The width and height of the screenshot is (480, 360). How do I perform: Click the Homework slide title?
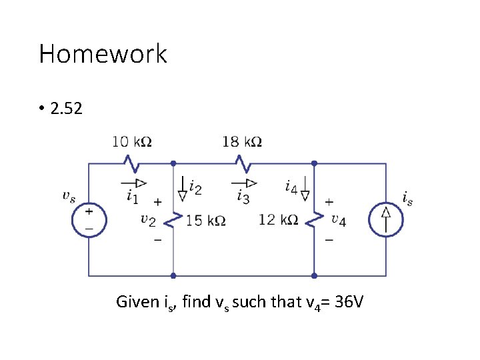pyautogui.click(x=103, y=54)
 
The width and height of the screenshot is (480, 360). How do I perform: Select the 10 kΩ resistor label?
pyautogui.click(x=132, y=141)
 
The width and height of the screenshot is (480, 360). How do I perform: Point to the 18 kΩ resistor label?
pyautogui.click(x=241, y=141)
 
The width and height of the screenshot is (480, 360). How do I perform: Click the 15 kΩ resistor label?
pyautogui.click(x=205, y=219)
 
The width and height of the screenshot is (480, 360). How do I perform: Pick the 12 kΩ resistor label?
pyautogui.click(x=278, y=219)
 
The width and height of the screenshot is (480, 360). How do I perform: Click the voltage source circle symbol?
pyautogui.click(x=89, y=219)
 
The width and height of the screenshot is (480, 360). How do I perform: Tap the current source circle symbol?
pyautogui.click(x=386, y=219)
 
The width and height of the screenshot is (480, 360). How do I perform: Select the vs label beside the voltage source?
pyautogui.click(x=68, y=196)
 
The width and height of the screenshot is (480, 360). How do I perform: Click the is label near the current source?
pyautogui.click(x=407, y=197)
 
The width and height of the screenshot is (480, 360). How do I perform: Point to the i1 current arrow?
pyautogui.click(x=134, y=183)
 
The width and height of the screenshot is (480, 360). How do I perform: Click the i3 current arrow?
pyautogui.click(x=245, y=183)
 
